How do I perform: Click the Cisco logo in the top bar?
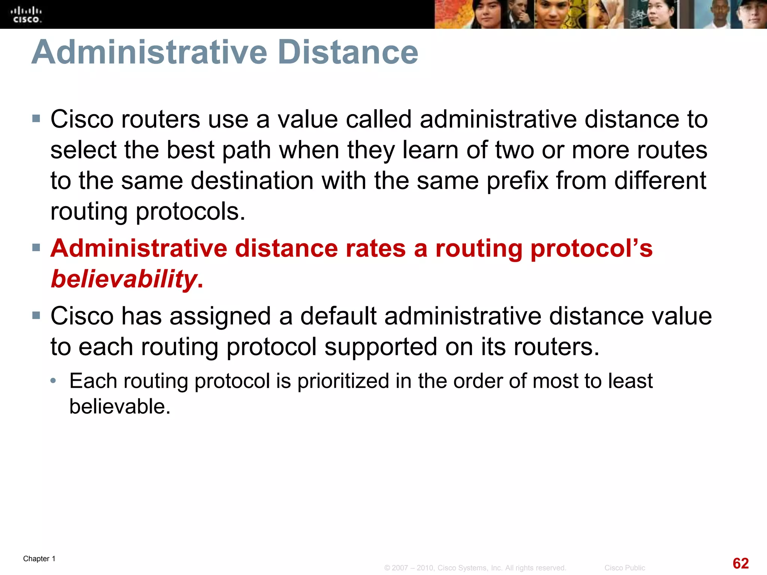pos(26,15)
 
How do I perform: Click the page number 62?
pos(740,563)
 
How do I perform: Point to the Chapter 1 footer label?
pos(39,559)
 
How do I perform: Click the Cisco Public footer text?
pos(624,568)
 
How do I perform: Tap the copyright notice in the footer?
pos(475,568)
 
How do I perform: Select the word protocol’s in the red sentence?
pos(591,249)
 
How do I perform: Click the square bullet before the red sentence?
pos(36,247)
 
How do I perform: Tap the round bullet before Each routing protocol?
pos(54,381)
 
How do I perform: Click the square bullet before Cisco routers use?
pos(36,119)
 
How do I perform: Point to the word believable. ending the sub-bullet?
pos(120,407)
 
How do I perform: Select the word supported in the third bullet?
pos(381,347)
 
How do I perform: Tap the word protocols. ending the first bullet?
pos(190,212)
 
